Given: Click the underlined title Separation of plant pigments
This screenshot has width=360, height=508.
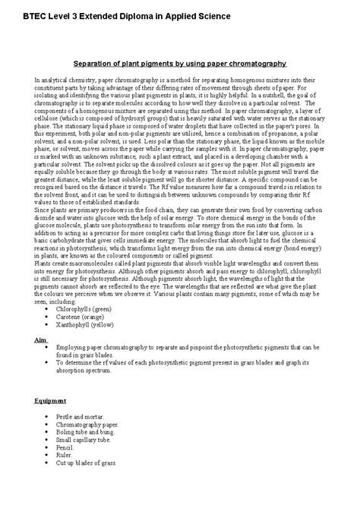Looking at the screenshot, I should pyautogui.click(x=179, y=64).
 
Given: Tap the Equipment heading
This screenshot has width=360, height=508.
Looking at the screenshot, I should pyautogui.click(x=51, y=400).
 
